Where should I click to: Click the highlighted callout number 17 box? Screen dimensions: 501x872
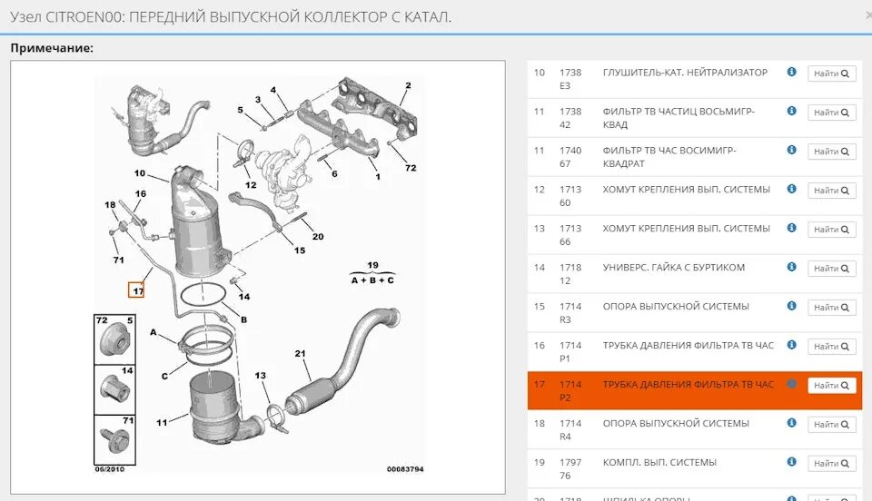(x=137, y=290)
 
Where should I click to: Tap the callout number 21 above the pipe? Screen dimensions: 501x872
(x=301, y=354)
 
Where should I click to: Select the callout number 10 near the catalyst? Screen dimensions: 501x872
(x=140, y=173)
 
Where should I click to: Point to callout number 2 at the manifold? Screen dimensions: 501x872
(x=408, y=86)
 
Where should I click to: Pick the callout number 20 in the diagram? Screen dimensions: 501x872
(x=317, y=237)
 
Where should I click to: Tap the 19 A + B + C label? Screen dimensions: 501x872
(x=372, y=273)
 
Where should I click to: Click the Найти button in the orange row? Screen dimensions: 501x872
(x=831, y=386)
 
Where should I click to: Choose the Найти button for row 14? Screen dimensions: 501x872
(x=831, y=269)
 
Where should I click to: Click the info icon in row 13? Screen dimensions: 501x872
(x=791, y=228)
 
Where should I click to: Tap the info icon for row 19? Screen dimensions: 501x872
(x=791, y=462)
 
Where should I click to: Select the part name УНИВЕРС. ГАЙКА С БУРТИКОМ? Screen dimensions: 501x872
(x=673, y=268)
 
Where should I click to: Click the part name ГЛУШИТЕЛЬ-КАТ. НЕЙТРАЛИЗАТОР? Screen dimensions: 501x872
(x=685, y=73)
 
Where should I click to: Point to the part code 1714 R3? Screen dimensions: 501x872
(x=570, y=313)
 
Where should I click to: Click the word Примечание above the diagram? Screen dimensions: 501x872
(x=52, y=47)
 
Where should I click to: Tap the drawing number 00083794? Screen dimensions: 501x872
(x=405, y=469)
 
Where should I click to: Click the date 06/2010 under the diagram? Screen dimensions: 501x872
(x=110, y=469)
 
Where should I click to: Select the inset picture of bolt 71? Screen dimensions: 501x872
(x=114, y=439)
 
